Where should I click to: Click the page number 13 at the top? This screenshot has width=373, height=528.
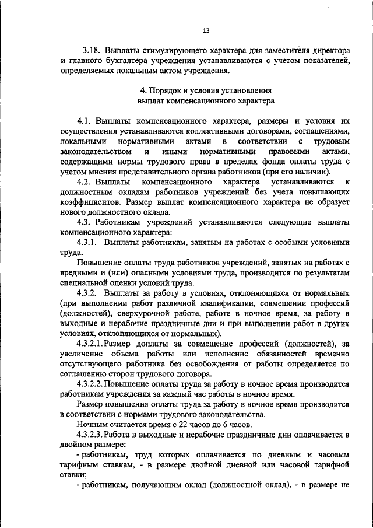pos(206,31)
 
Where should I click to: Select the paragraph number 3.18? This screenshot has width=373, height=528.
pos(92,51)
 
